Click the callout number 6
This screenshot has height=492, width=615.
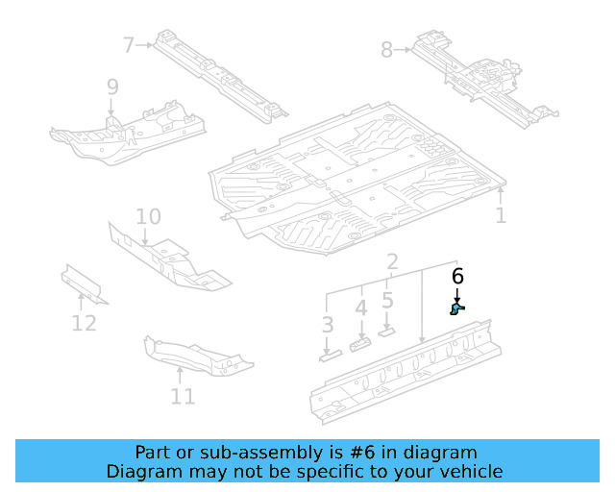[457, 277]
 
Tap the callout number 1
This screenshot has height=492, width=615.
[501, 215]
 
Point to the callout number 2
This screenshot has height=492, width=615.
[393, 262]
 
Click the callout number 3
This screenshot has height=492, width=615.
[328, 325]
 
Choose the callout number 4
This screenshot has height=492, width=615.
[360, 309]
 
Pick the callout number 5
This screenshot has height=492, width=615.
[387, 300]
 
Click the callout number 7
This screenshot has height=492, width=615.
[129, 43]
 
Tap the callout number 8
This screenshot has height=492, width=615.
[386, 49]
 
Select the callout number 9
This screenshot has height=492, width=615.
[112, 87]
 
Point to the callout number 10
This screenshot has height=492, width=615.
[147, 216]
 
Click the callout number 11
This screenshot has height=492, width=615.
[183, 396]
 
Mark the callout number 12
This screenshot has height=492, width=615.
[84, 323]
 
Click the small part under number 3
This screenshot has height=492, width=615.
[330, 357]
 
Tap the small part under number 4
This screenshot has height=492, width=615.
[360, 343]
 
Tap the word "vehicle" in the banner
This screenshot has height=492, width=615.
[471, 472]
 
